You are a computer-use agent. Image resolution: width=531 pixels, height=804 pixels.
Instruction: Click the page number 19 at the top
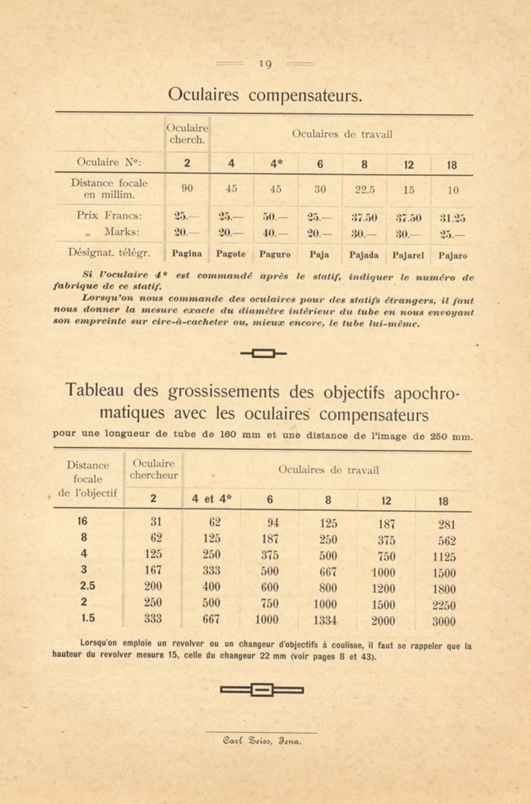pyautogui.click(x=265, y=64)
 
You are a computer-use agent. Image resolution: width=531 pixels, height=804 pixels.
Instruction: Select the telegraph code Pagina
pyautogui.click(x=187, y=254)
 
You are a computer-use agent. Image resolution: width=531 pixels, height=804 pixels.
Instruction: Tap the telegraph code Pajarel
pyautogui.click(x=408, y=255)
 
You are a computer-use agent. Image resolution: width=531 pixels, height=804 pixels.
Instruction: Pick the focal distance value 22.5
pyautogui.click(x=365, y=190)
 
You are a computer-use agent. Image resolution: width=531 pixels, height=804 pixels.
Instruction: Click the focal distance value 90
pyautogui.click(x=187, y=188)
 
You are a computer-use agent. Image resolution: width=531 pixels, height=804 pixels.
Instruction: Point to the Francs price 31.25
pyautogui.click(x=452, y=218)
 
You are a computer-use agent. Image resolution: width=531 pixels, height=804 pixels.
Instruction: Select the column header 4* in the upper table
pyautogui.click(x=276, y=164)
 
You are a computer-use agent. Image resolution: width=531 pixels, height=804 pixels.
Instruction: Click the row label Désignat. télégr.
pyautogui.click(x=109, y=253)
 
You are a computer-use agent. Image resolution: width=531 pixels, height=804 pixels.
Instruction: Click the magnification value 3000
pyautogui.click(x=444, y=621)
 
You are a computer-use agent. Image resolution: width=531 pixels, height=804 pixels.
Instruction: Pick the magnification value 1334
pyautogui.click(x=325, y=620)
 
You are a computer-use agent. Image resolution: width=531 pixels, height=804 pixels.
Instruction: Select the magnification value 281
pyautogui.click(x=446, y=525)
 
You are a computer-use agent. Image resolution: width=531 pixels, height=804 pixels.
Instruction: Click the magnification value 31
pyautogui.click(x=156, y=522)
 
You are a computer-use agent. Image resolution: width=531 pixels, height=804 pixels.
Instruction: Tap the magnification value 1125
pyautogui.click(x=444, y=557)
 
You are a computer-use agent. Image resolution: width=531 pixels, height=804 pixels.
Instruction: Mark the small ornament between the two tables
pyautogui.click(x=263, y=354)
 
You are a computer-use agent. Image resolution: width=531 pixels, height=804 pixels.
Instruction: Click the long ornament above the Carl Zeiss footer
pyautogui.click(x=262, y=689)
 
